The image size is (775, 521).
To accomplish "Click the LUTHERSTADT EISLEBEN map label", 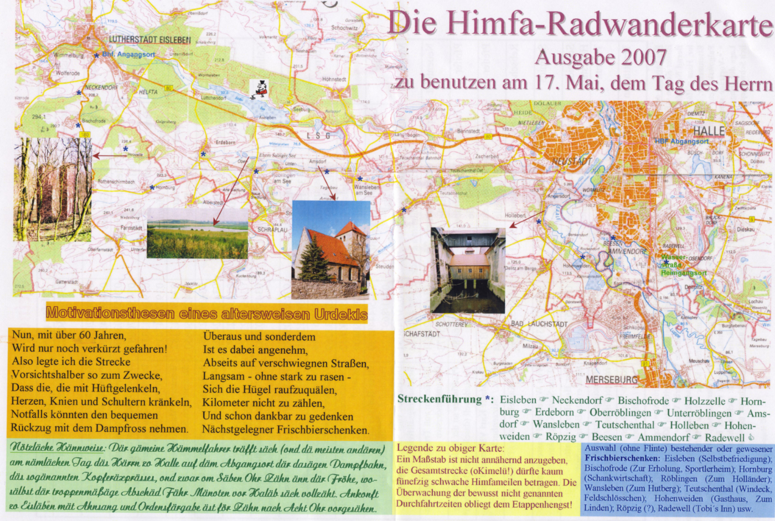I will pos(149,40).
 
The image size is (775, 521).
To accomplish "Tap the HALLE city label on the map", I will pos(709,131).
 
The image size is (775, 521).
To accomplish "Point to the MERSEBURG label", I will pos(612,380).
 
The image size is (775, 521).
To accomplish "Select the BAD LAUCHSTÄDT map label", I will pos(539,324).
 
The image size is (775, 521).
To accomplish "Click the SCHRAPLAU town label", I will pos(272,229).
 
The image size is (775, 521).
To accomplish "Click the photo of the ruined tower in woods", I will pos(53,189).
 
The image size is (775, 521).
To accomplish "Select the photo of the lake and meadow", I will pos(197,233).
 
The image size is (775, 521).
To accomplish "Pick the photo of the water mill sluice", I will pos(468,270).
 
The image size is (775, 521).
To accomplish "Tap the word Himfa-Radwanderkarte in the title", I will pos(609,23).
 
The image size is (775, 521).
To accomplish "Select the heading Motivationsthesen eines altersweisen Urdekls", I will pos(206,313).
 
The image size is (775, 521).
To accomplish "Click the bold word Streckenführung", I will pos(440,399).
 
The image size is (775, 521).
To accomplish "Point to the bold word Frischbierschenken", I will pos(622,458).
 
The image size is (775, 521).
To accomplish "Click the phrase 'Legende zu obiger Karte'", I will pos(450,448).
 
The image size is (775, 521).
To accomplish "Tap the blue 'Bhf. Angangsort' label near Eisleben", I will pos(128,54).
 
